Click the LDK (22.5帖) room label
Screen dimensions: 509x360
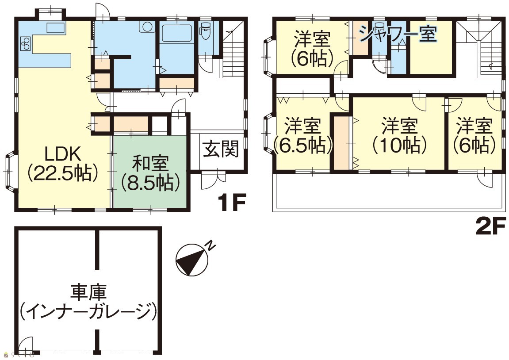(x=63, y=164)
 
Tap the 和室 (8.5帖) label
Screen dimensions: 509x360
(x=150, y=174)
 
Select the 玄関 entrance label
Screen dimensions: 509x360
(x=221, y=149)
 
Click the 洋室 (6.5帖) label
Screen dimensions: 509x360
(x=303, y=136)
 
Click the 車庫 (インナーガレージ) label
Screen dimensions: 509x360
(x=88, y=302)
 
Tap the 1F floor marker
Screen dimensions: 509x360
(x=232, y=202)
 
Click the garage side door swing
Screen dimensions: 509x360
(x=26, y=345)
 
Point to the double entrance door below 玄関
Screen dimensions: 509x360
(x=213, y=180)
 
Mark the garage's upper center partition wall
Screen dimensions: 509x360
(x=97, y=250)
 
